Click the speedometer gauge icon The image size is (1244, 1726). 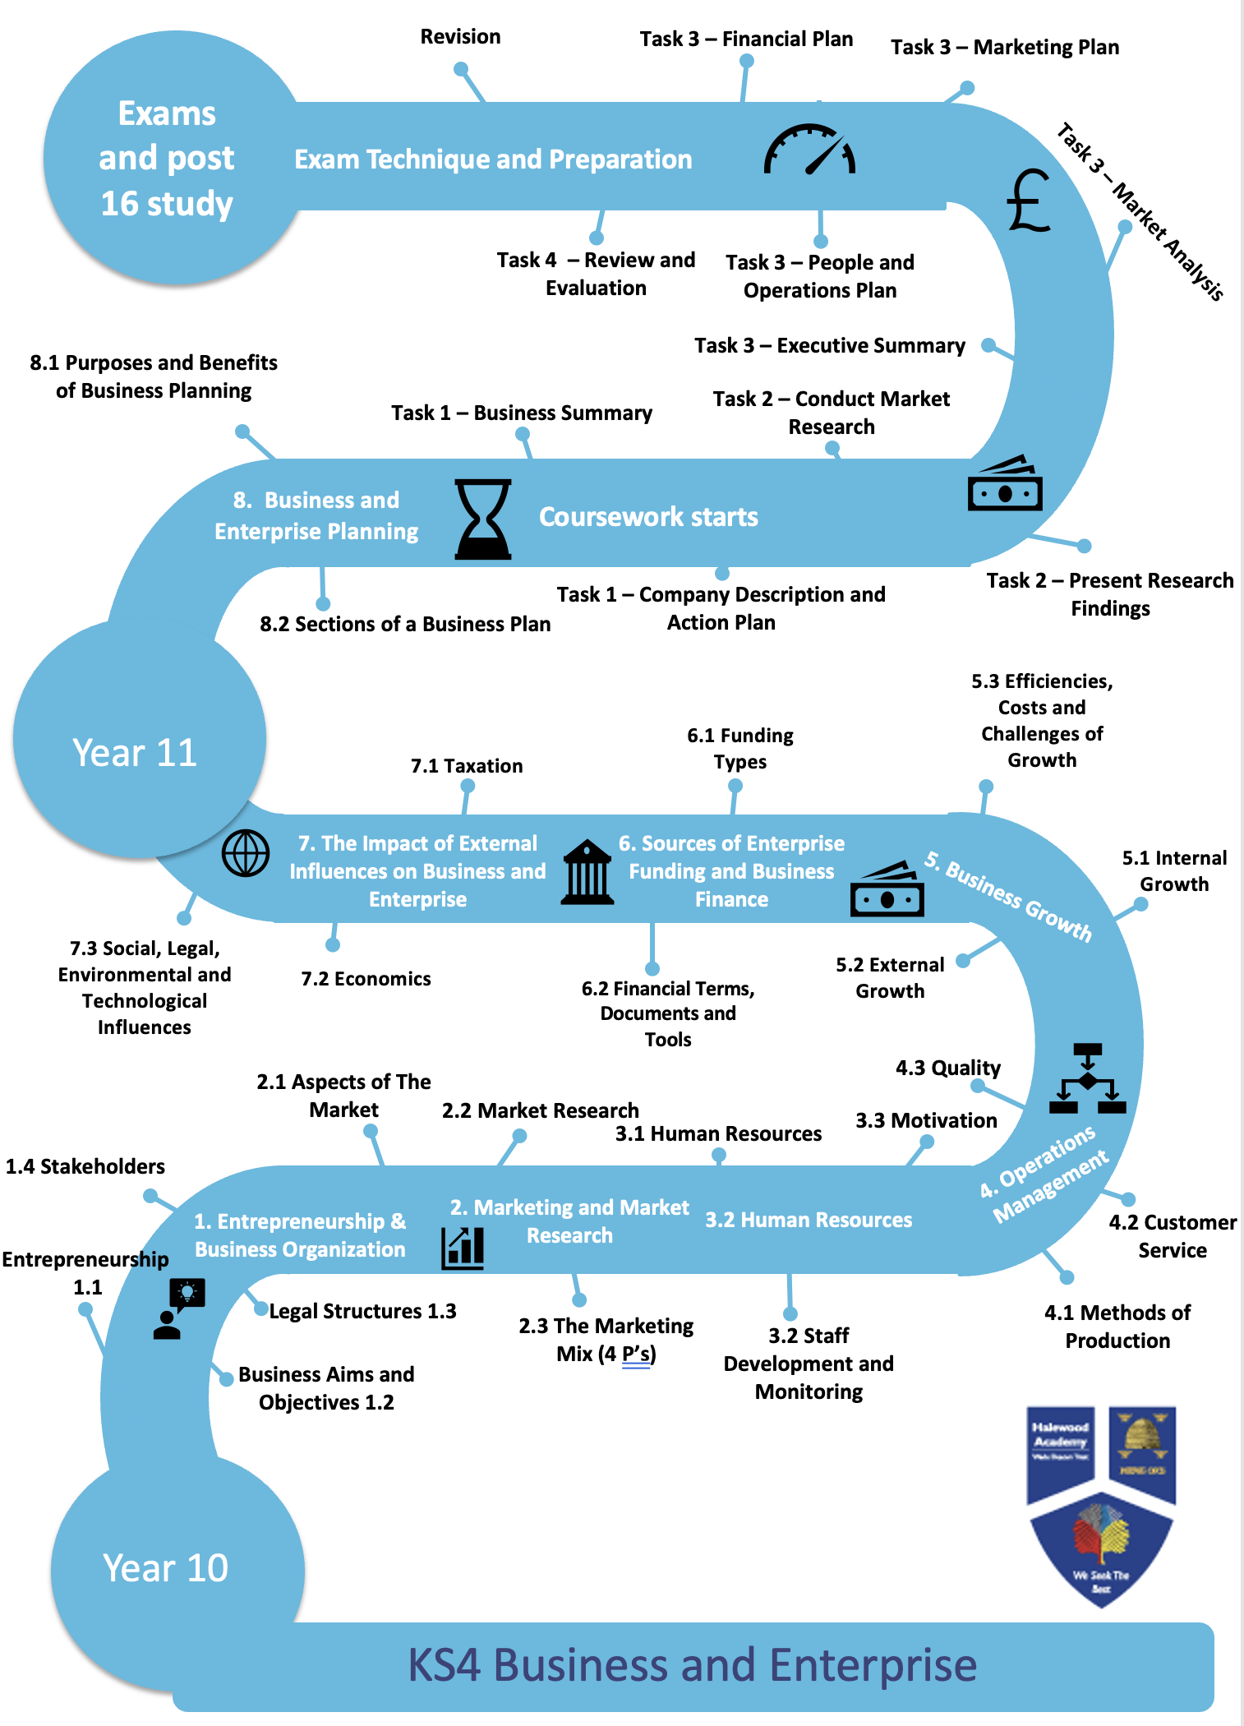pos(809,150)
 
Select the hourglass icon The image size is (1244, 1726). pos(483,519)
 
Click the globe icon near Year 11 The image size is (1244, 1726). pos(246,853)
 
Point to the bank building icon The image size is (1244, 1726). pos(587,873)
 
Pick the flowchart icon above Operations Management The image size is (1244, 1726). pos(1087,1078)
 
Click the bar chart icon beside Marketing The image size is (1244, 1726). pos(463,1248)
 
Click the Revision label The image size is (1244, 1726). pos(460,37)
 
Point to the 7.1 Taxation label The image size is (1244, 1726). pos(467,766)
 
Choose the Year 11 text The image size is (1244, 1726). pos(135,753)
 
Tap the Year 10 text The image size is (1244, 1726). pos(165,1568)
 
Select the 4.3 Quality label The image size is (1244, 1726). pos(948,1068)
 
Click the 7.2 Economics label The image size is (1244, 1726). pos(366,979)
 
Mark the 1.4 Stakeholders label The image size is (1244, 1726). pos(85,1166)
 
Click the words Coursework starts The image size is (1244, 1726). pos(648,517)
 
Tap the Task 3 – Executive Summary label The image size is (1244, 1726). pos(830,345)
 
